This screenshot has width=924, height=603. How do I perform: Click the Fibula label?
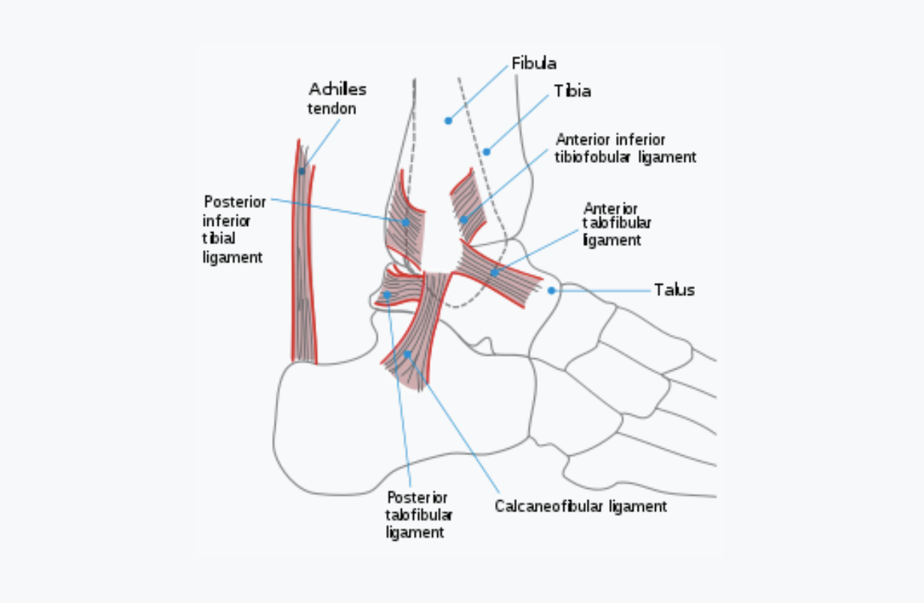533,63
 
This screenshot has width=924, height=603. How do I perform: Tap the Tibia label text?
572,91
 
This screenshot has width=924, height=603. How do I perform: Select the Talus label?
674,290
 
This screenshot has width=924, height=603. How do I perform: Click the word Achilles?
338,89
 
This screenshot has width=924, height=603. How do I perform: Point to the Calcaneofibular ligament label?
580,506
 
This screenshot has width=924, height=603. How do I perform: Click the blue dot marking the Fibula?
448,120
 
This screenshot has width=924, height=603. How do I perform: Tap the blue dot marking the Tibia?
486,152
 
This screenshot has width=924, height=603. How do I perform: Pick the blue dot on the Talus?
551,290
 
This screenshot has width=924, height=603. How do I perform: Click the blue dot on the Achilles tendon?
302,171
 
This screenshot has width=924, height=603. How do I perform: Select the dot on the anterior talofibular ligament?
494,273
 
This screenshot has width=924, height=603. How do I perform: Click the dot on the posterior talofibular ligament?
387,295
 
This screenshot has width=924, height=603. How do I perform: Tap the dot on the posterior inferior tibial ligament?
406,222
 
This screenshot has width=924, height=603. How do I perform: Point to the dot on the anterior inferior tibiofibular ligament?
464,219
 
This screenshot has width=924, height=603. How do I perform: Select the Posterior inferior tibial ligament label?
233,229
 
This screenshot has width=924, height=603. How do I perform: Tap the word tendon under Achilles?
331,109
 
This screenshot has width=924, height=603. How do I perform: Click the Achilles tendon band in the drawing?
303,263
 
